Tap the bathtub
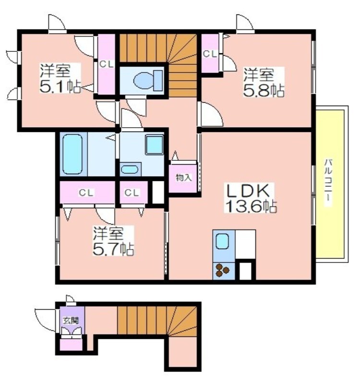click(x=72, y=154)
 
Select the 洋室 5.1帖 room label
click(x=60, y=78)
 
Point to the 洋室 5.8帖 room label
click(x=264, y=83)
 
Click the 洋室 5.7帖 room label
click(x=113, y=241)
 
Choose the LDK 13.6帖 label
click(x=251, y=198)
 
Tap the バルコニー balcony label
click(x=328, y=182)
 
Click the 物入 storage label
click(x=184, y=178)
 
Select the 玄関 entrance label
click(x=71, y=320)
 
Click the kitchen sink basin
click(x=223, y=241)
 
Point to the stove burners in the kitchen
click(x=222, y=270)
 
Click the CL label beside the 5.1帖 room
click(x=107, y=64)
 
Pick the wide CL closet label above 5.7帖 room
click(x=86, y=193)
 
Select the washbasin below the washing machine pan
click(x=130, y=169)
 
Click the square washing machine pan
click(x=154, y=144)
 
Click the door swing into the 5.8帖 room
click(x=211, y=115)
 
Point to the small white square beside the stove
click(x=245, y=271)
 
